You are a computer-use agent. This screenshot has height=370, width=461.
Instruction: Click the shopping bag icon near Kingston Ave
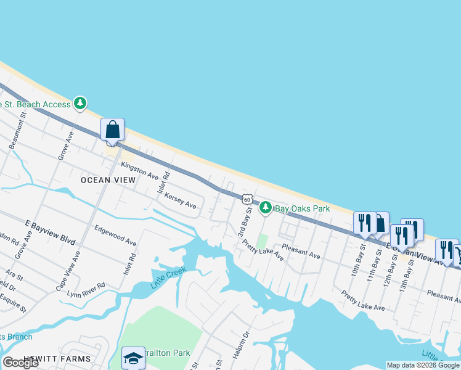[112, 130]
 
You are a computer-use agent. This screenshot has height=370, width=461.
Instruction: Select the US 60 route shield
[247, 199]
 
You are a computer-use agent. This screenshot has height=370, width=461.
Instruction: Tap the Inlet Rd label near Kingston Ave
[163, 183]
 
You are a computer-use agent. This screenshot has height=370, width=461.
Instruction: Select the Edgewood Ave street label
[115, 234]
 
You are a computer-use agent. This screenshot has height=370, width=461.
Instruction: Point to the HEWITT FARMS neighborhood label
[57, 359]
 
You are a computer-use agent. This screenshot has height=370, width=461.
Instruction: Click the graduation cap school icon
[133, 358]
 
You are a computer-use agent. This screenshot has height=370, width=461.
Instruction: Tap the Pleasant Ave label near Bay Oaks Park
[301, 251]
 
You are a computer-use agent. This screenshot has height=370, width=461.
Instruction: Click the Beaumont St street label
[18, 130]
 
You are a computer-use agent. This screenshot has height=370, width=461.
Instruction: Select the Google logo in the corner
[21, 363]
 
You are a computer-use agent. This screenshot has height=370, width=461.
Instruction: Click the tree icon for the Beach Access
[80, 104]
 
